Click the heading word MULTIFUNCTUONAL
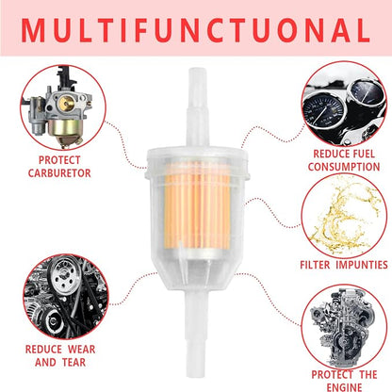click(195, 30)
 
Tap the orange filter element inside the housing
click(197, 205)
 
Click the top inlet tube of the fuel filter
click(198, 106)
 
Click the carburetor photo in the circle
click(63, 107)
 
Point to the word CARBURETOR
click(59, 173)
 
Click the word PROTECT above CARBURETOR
click(59, 160)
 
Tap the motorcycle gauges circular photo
click(344, 104)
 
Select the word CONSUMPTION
click(344, 167)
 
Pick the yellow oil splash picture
click(344, 216)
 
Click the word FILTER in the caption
click(315, 265)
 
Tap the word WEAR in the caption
click(81, 350)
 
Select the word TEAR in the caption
click(73, 362)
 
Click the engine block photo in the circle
click(344, 327)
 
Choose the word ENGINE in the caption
click(344, 387)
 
